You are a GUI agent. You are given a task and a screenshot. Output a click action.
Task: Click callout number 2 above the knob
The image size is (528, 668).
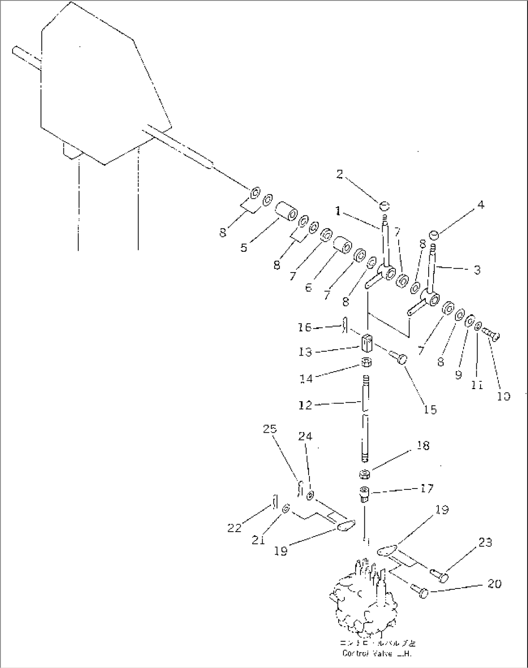tap(340, 174)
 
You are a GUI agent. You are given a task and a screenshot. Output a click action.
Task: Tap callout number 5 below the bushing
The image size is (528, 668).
tap(244, 248)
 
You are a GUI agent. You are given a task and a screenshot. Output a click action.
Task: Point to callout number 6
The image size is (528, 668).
tap(309, 288)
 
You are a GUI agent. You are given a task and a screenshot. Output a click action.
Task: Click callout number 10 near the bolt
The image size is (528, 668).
tap(503, 396)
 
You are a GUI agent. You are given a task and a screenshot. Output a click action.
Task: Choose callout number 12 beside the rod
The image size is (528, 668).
tap(305, 405)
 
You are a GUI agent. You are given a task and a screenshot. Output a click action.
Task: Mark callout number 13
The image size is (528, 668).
tap(305, 352)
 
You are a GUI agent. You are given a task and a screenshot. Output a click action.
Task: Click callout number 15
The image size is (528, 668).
tap(430, 409)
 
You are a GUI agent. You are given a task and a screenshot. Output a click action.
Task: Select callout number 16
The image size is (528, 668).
tap(305, 328)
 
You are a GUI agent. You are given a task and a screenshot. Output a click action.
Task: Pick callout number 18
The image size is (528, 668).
tap(422, 445)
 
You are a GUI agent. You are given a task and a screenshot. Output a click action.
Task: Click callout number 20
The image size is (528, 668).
tap(494, 584)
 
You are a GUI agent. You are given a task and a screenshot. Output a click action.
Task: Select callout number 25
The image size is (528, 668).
tap(270, 429)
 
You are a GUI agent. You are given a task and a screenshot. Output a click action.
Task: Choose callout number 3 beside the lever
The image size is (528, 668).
tap(477, 270)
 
